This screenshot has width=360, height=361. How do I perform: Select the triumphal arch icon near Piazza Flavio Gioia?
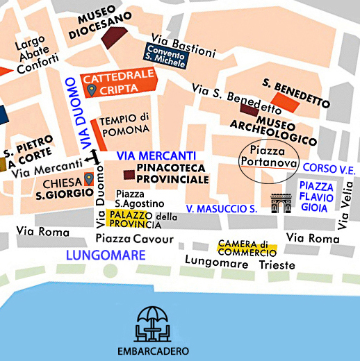click(280, 203)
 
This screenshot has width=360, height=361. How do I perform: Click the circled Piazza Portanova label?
click(268, 156)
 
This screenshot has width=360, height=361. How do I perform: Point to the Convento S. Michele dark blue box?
click(166, 55)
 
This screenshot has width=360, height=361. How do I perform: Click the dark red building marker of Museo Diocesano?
click(114, 38)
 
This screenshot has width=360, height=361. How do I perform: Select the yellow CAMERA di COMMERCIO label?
click(247, 248)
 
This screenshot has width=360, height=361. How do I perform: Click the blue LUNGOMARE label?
click(106, 255)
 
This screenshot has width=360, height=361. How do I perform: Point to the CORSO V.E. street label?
click(330, 169)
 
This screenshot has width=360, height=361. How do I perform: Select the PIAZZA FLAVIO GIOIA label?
click(316, 197)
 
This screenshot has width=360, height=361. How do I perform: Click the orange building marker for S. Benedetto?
click(285, 101)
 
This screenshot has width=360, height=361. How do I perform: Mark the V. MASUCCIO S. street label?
click(222, 208)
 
